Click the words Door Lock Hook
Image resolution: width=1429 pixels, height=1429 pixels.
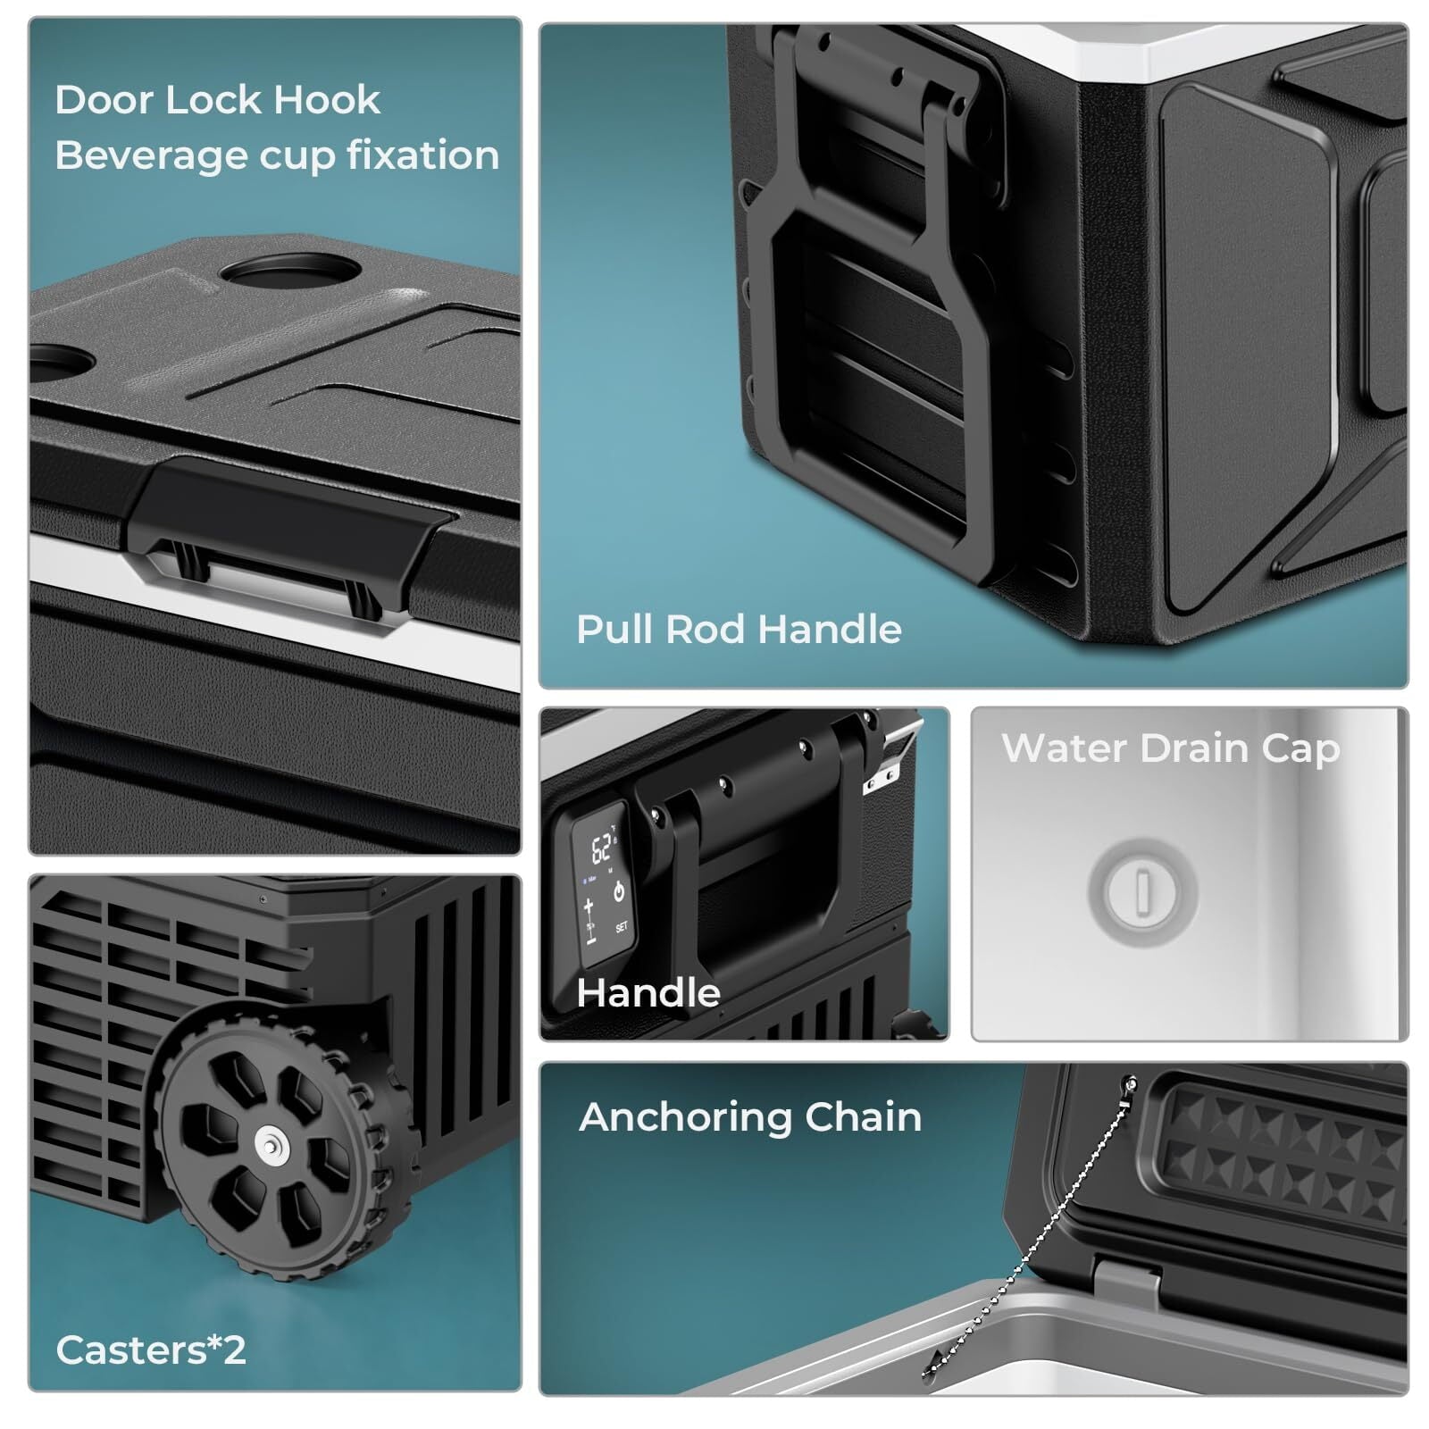click(217, 99)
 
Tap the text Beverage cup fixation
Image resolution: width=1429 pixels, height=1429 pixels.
click(277, 155)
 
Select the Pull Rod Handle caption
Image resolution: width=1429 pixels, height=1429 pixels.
click(739, 630)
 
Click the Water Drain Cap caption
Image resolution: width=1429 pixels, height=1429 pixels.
click(1170, 748)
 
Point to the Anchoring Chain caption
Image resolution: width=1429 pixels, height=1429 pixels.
click(750, 1117)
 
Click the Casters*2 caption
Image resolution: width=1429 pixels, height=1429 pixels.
click(150, 1350)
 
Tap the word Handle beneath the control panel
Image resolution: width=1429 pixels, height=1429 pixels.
click(648, 993)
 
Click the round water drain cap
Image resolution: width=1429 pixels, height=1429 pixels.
click(1142, 890)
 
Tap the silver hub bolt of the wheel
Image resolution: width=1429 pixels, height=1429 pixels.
click(269, 1143)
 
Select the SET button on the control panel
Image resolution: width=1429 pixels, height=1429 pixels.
click(622, 927)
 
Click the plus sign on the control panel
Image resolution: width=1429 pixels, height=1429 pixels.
click(589, 907)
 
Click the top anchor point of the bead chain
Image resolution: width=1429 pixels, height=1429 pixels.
click(1131, 1084)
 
